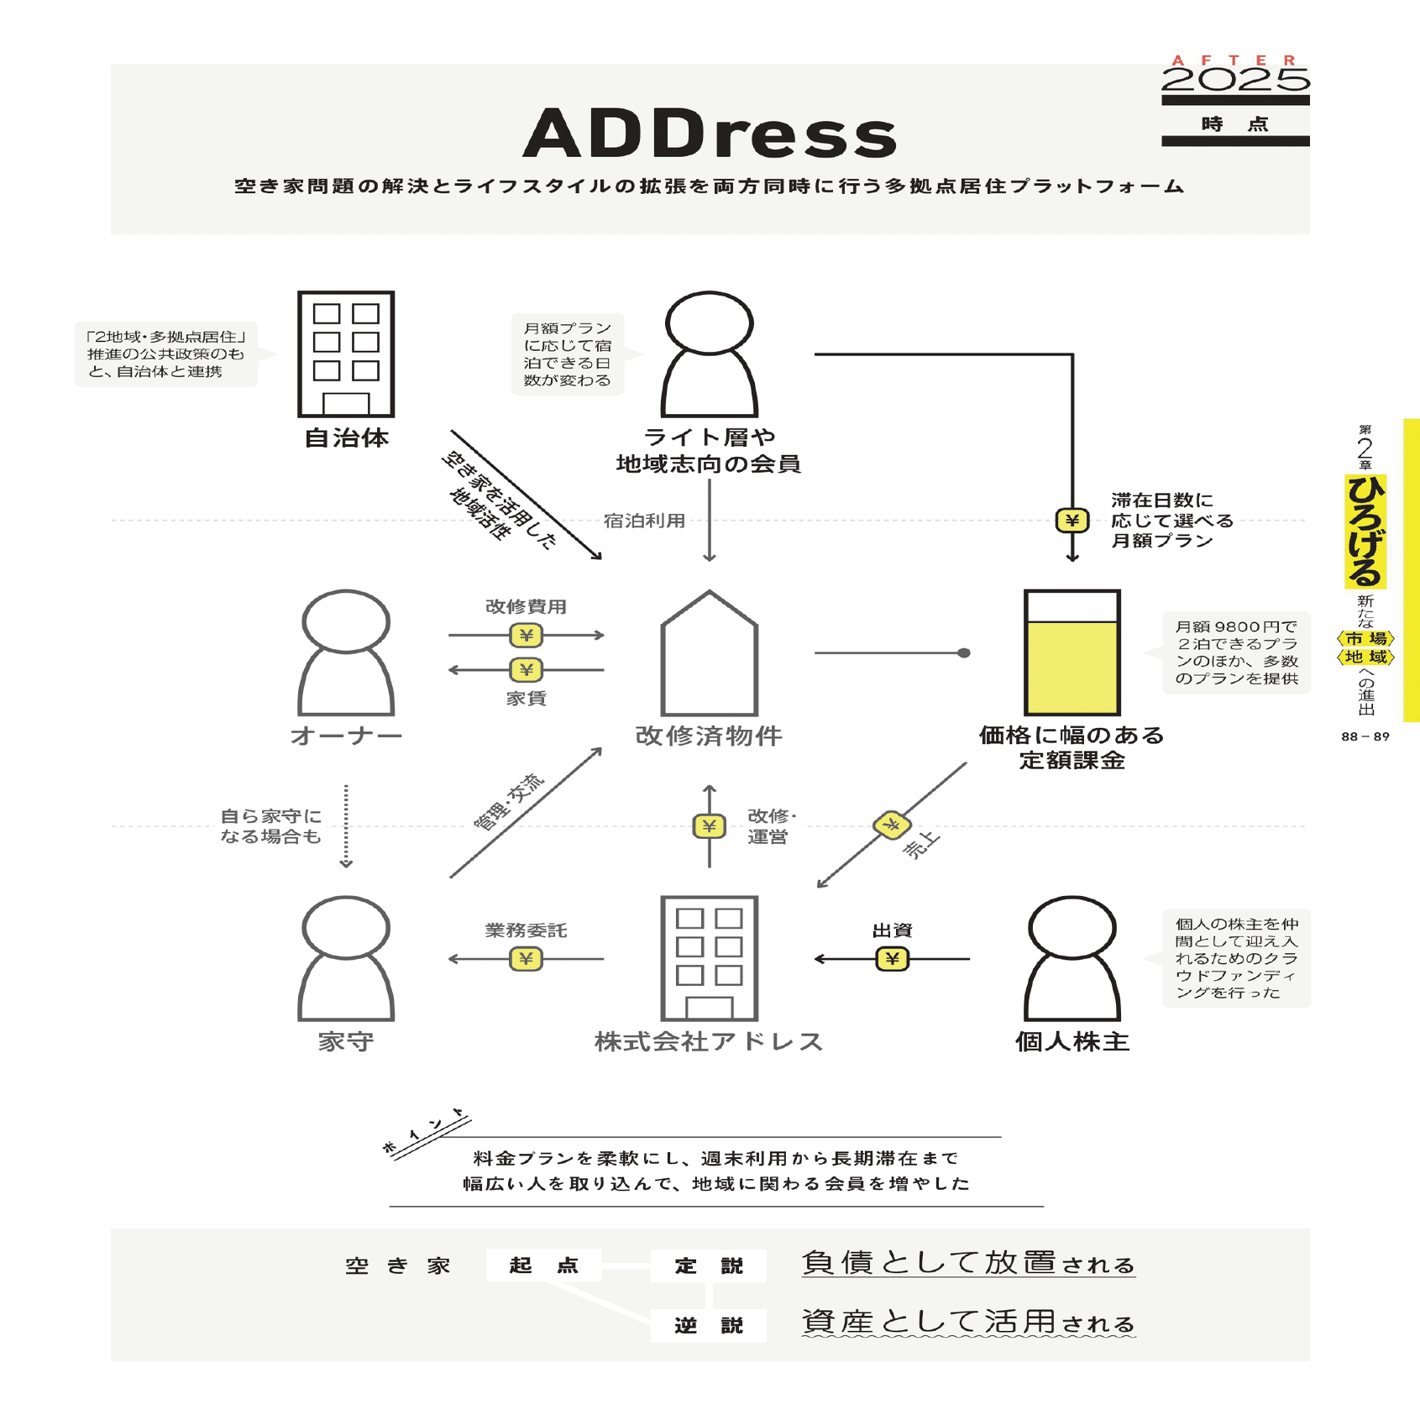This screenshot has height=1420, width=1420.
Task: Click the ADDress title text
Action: click(x=710, y=134)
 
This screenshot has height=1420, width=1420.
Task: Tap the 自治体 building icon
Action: click(x=346, y=354)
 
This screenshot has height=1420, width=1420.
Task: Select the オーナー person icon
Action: click(x=346, y=652)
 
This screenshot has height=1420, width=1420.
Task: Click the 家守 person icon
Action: click(x=346, y=958)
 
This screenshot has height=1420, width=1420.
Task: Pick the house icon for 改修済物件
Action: click(x=710, y=654)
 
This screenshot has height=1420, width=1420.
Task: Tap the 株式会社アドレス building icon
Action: click(x=710, y=958)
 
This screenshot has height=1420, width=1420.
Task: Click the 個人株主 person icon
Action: click(x=1072, y=958)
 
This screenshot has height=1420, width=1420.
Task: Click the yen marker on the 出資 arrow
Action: click(x=892, y=958)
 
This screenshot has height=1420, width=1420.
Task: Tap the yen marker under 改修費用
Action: click(x=527, y=636)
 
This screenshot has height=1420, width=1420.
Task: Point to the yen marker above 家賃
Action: click(x=527, y=669)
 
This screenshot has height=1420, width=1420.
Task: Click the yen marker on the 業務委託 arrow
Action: click(x=527, y=958)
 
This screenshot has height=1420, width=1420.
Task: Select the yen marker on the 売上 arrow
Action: click(x=891, y=825)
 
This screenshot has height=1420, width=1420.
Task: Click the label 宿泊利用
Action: click(x=644, y=521)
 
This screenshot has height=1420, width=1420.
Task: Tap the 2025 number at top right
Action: click(x=1235, y=80)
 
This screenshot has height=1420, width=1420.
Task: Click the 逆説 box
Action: click(x=709, y=1325)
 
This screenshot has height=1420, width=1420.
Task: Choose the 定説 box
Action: click(x=709, y=1265)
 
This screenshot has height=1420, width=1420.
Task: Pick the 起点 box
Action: click(x=543, y=1265)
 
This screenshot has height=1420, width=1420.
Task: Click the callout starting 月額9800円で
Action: click(x=1236, y=652)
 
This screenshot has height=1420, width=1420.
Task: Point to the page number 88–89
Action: click(x=1365, y=736)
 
